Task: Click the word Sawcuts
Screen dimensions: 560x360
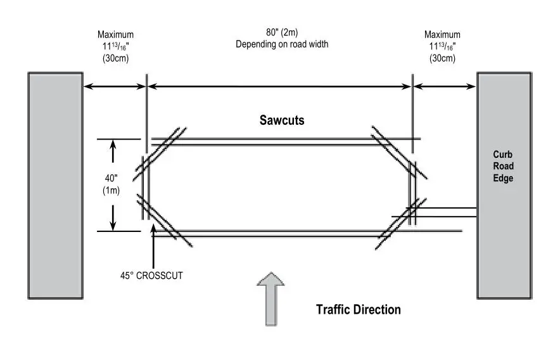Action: tap(282, 120)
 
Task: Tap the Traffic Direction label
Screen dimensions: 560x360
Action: tap(358, 309)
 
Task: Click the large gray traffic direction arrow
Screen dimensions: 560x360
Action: tap(271, 299)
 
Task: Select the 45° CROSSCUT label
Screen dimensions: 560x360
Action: tap(151, 276)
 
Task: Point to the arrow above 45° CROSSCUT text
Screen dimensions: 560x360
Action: tap(153, 246)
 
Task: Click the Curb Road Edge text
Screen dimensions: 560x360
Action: tap(503, 166)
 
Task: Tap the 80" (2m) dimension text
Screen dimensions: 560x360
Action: tap(282, 32)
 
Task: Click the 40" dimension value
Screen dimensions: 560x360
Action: tap(111, 178)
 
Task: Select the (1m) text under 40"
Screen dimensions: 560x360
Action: tap(111, 191)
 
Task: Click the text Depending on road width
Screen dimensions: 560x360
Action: tap(282, 44)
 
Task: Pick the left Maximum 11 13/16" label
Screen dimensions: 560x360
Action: tap(115, 46)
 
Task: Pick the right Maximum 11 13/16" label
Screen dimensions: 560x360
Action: tap(442, 46)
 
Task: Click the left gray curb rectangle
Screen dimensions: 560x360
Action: tap(55, 186)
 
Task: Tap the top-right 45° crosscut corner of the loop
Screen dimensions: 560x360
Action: tap(399, 152)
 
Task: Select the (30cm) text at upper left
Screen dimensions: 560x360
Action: tap(115, 58)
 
